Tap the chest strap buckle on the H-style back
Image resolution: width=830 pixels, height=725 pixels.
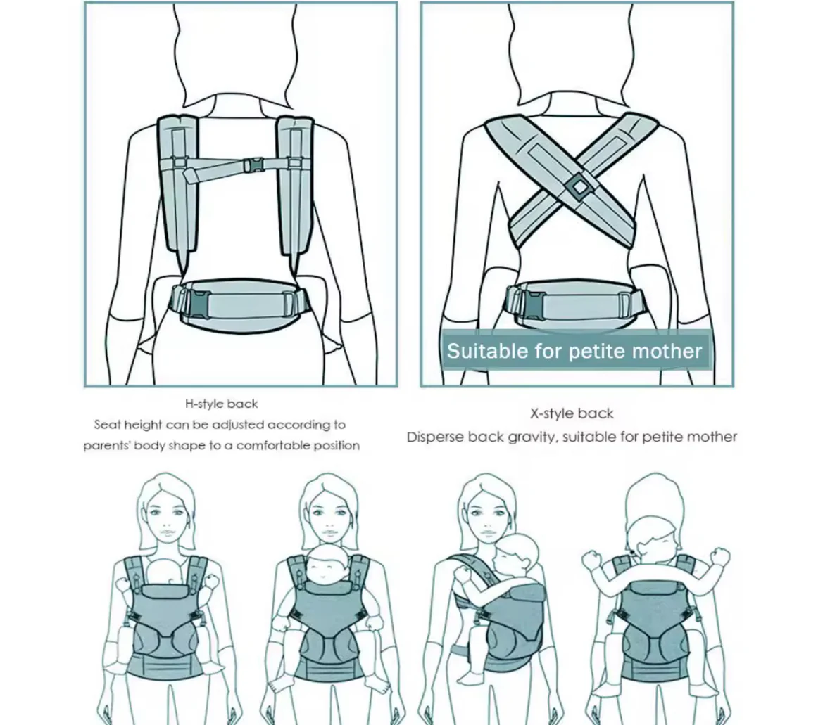click(x=254, y=165)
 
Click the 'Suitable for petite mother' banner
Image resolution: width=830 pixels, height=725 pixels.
click(x=575, y=351)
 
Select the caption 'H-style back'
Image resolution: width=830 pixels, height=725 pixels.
click(x=221, y=404)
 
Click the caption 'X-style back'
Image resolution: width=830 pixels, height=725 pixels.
click(x=572, y=413)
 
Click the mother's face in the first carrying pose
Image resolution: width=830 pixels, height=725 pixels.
click(x=166, y=521)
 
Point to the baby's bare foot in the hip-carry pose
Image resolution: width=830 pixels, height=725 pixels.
click(x=467, y=677)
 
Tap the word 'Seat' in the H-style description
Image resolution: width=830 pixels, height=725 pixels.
click(x=108, y=425)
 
